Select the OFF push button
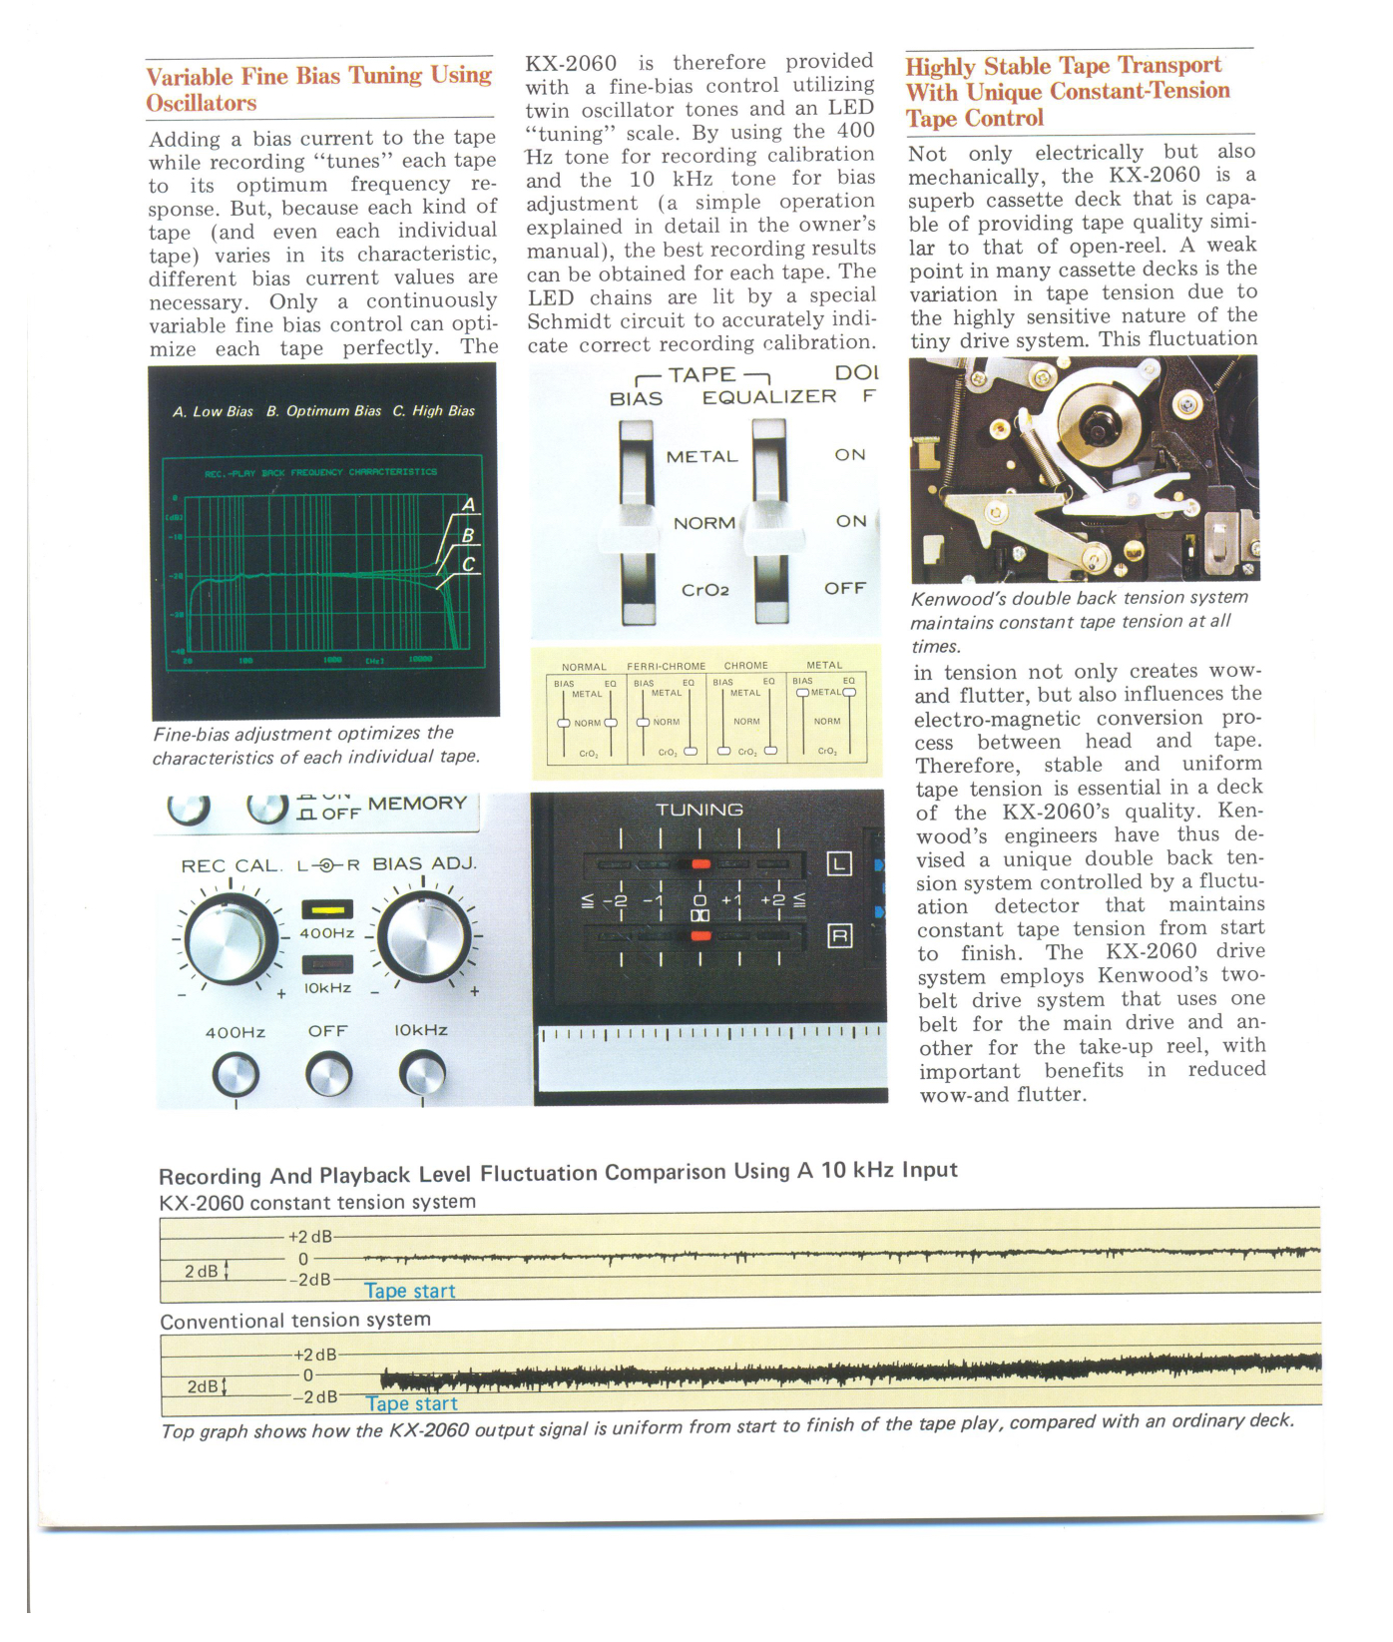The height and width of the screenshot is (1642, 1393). tap(328, 1076)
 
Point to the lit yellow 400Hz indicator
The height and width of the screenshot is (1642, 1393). tap(327, 909)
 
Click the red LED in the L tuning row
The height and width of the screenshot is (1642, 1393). tap(700, 863)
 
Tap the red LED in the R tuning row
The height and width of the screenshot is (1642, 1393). tap(700, 935)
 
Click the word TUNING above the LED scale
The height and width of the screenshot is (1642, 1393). tap(698, 810)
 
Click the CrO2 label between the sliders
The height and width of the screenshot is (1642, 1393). tap(704, 590)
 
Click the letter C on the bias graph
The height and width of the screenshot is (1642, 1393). tap(468, 565)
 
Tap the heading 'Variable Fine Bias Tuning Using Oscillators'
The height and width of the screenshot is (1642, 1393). tap(318, 89)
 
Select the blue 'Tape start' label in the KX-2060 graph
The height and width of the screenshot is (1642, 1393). tap(409, 1291)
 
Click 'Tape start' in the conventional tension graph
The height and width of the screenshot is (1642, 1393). tap(411, 1403)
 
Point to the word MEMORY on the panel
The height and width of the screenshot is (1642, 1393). tap(417, 804)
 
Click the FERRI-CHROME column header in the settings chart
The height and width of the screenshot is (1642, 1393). tap(666, 666)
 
